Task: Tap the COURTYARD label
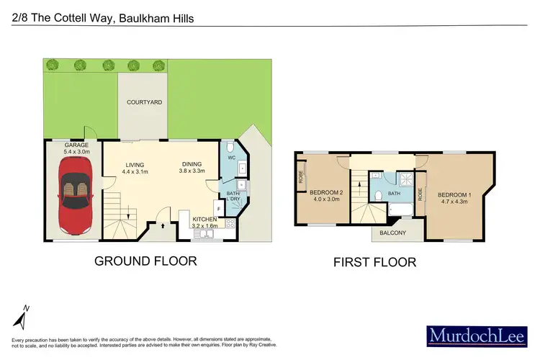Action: [144, 102]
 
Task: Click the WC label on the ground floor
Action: [231, 157]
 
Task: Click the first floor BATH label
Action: [394, 194]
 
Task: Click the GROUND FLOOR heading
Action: [145, 261]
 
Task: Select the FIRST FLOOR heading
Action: [374, 262]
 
